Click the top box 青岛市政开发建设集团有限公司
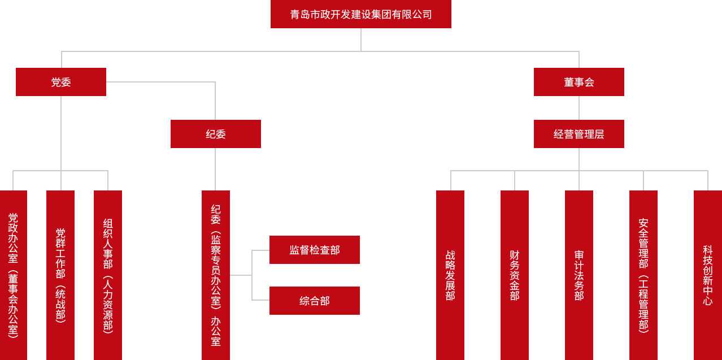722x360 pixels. (360, 14)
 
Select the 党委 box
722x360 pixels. (61, 82)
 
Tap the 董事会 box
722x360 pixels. (579, 82)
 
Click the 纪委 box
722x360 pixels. (215, 134)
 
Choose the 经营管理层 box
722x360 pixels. (579, 134)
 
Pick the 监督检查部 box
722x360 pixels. (314, 250)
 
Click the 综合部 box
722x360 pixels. (314, 301)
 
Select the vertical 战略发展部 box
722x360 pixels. (450, 275)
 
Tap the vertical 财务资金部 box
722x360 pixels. (514, 275)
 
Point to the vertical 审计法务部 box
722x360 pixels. (579, 275)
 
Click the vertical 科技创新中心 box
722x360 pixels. (707, 275)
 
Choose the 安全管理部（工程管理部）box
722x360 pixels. (643, 275)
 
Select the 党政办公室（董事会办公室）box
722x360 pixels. (13, 275)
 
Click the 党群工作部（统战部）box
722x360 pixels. (60, 275)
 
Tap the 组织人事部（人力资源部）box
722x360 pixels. (108, 275)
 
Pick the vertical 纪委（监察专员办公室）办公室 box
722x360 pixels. (215, 275)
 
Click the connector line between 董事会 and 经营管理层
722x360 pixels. (579, 108)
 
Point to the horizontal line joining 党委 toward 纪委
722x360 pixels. (161, 82)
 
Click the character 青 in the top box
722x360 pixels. (295, 15)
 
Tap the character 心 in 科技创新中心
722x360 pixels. (707, 301)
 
